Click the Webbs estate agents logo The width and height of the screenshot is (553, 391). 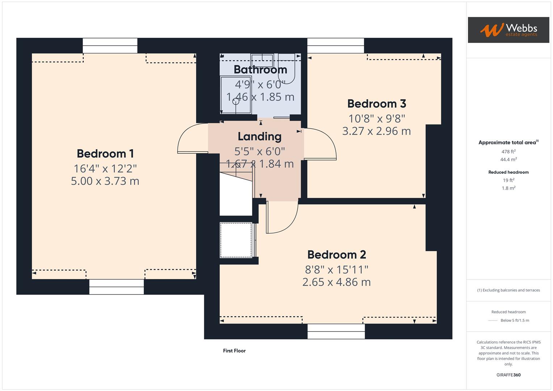(508, 30)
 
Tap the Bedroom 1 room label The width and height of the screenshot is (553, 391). (105, 154)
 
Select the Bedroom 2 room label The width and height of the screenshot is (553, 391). (336, 255)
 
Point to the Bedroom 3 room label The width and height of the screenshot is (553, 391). (377, 104)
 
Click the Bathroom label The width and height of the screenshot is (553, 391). (260, 69)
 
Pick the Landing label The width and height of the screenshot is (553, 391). (259, 136)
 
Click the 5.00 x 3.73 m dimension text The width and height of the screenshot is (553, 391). (105, 181)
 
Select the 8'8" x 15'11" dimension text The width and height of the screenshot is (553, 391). (336, 269)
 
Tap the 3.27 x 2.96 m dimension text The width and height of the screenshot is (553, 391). (377, 131)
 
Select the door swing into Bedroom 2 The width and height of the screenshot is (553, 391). (282, 217)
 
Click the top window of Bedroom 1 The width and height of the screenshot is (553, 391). (110, 46)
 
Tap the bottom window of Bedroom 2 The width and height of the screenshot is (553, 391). (336, 331)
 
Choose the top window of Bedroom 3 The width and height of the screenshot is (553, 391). (335, 46)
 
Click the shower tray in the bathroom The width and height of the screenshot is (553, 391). (236, 94)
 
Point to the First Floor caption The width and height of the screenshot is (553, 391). (234, 350)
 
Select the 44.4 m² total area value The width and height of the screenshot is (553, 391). (508, 159)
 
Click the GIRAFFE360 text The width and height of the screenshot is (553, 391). (508, 375)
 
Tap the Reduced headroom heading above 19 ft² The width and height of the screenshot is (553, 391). (508, 172)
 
